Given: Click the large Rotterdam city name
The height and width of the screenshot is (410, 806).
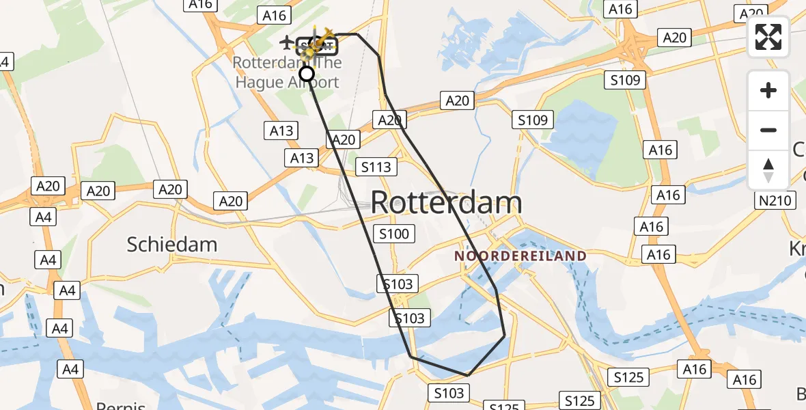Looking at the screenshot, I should coord(447,203).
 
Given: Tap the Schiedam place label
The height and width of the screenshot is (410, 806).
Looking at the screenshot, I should coord(172,245).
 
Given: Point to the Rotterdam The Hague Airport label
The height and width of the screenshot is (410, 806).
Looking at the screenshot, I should coord(286,72).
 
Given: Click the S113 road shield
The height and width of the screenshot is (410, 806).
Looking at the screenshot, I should coord(376,167).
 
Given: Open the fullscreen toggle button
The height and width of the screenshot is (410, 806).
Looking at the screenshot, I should coord(768,37).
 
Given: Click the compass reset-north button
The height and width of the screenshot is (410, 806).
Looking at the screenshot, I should coord(768,169).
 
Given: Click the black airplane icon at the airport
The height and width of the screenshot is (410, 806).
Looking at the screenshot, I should coord(287,42).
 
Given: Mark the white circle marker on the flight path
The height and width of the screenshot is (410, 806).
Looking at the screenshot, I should coord(307,74).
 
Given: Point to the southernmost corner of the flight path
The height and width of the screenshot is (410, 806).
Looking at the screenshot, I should coord(468,375).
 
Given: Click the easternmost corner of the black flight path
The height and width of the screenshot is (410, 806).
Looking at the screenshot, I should coord(505,336).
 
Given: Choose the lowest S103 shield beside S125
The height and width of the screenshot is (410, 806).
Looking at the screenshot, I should coord(449,393).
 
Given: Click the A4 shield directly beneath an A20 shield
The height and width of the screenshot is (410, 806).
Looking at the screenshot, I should coord(43,217).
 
